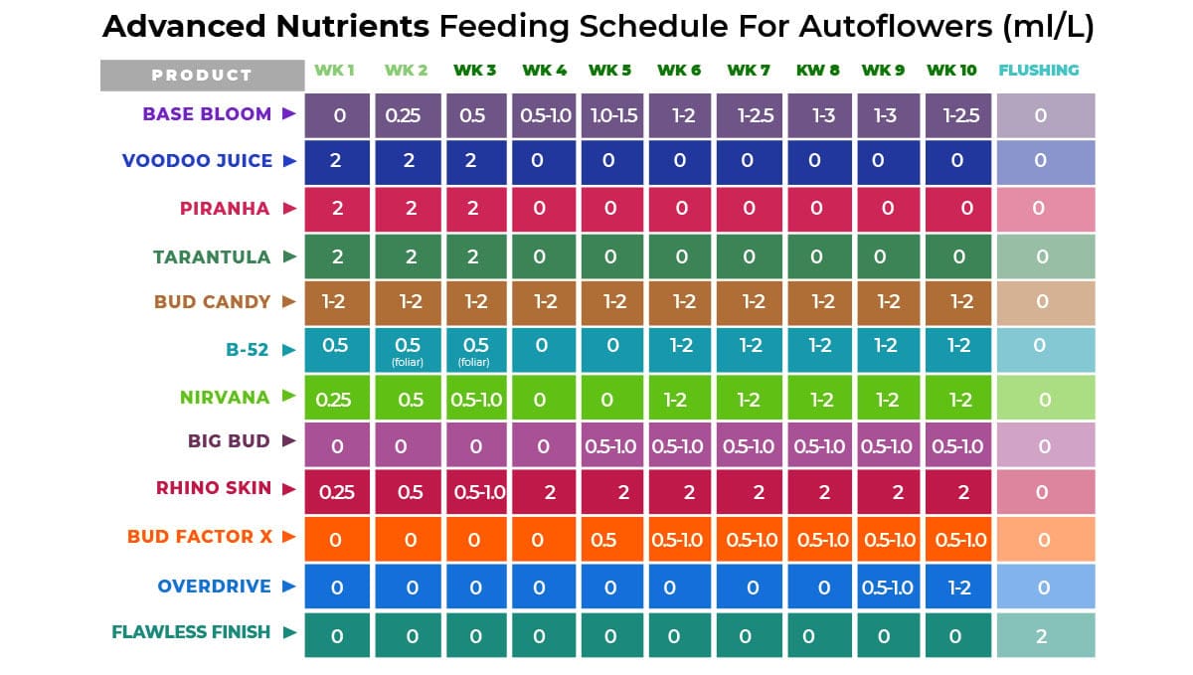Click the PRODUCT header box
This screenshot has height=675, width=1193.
click(202, 75)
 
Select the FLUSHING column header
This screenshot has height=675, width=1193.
click(1038, 71)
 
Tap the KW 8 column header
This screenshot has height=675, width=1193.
click(817, 71)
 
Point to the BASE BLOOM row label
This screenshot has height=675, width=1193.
click(207, 113)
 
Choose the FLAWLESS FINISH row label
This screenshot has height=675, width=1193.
click(191, 631)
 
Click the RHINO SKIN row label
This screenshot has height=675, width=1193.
click(213, 488)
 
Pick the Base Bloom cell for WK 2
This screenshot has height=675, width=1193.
click(409, 115)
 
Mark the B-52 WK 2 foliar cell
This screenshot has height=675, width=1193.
click(409, 350)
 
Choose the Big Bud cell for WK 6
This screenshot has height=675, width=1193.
click(679, 446)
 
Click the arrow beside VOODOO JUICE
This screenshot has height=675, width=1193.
click(289, 160)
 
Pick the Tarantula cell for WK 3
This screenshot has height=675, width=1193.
click(476, 257)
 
